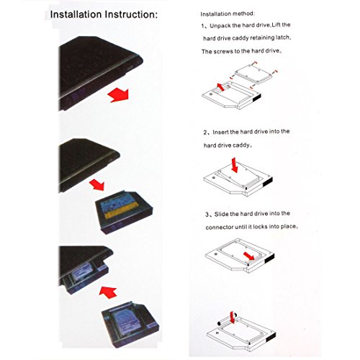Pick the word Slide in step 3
[221, 215]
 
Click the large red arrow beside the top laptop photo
[119, 95]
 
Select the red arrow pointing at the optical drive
[97, 184]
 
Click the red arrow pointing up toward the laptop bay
[108, 292]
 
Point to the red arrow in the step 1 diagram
[221, 87]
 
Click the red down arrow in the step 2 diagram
[234, 165]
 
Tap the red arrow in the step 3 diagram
[249, 256]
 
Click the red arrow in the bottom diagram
[232, 318]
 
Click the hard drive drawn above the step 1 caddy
[253, 73]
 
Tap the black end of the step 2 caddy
[268, 181]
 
